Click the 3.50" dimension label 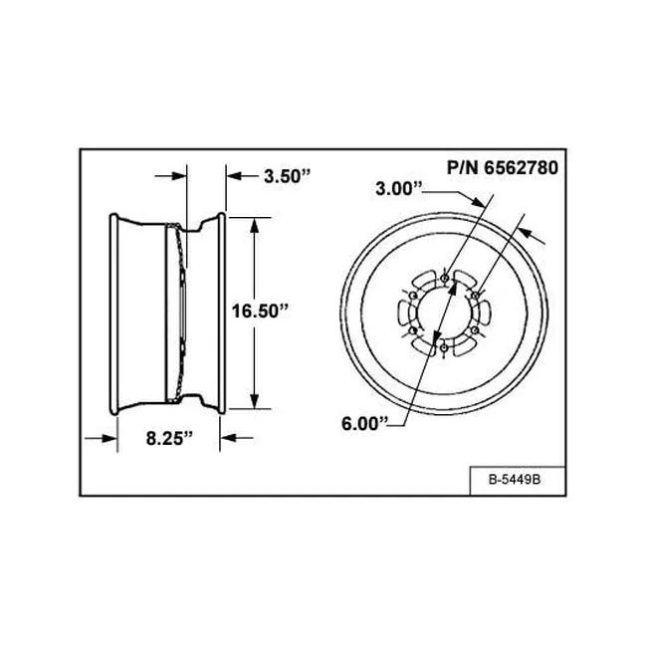pyautogui.click(x=287, y=177)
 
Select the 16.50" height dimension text pyautogui.click(x=261, y=311)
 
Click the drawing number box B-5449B pyautogui.click(x=514, y=480)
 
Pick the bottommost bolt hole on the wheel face pyautogui.click(x=441, y=349)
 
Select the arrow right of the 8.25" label pyautogui.click(x=227, y=436)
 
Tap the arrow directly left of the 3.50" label pyautogui.click(x=235, y=177)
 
